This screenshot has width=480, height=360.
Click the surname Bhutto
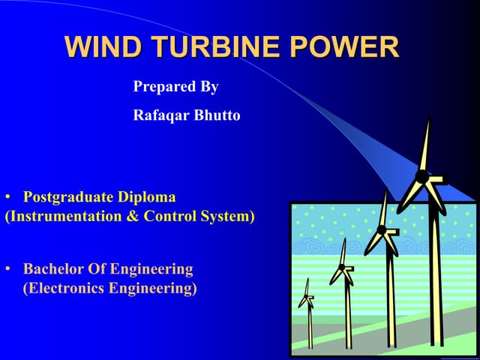[218, 116]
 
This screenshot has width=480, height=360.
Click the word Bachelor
[53, 268]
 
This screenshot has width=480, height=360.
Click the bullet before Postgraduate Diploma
[8, 198]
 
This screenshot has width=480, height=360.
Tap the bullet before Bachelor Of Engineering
[8, 268]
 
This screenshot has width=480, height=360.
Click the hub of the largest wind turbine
[422, 177]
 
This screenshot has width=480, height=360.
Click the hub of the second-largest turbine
[382, 229]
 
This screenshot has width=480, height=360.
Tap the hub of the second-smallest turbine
[342, 267]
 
